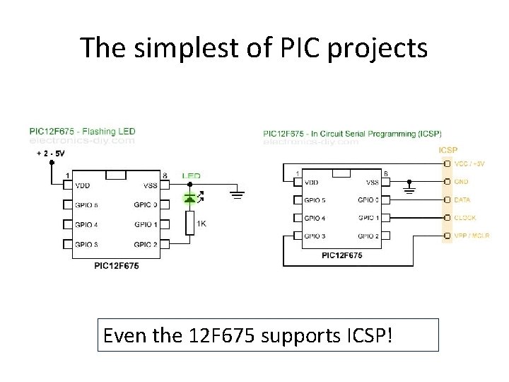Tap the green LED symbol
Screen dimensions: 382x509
190,199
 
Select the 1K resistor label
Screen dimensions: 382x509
201,224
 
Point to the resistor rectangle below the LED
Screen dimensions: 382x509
189,223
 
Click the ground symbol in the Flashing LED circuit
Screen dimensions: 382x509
238,192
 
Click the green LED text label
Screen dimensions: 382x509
191,175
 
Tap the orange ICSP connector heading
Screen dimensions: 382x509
448,150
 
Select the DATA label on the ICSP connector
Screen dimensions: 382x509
462,200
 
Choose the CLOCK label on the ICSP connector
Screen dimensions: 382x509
464,218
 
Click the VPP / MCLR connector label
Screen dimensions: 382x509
472,236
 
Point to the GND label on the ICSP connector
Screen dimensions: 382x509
462,182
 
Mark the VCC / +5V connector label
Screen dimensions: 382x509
469,164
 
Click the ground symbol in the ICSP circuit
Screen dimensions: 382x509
408,189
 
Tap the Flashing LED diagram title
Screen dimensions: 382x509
82,131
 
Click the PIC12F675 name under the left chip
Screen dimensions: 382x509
116,266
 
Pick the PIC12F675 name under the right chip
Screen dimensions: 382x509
342,255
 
